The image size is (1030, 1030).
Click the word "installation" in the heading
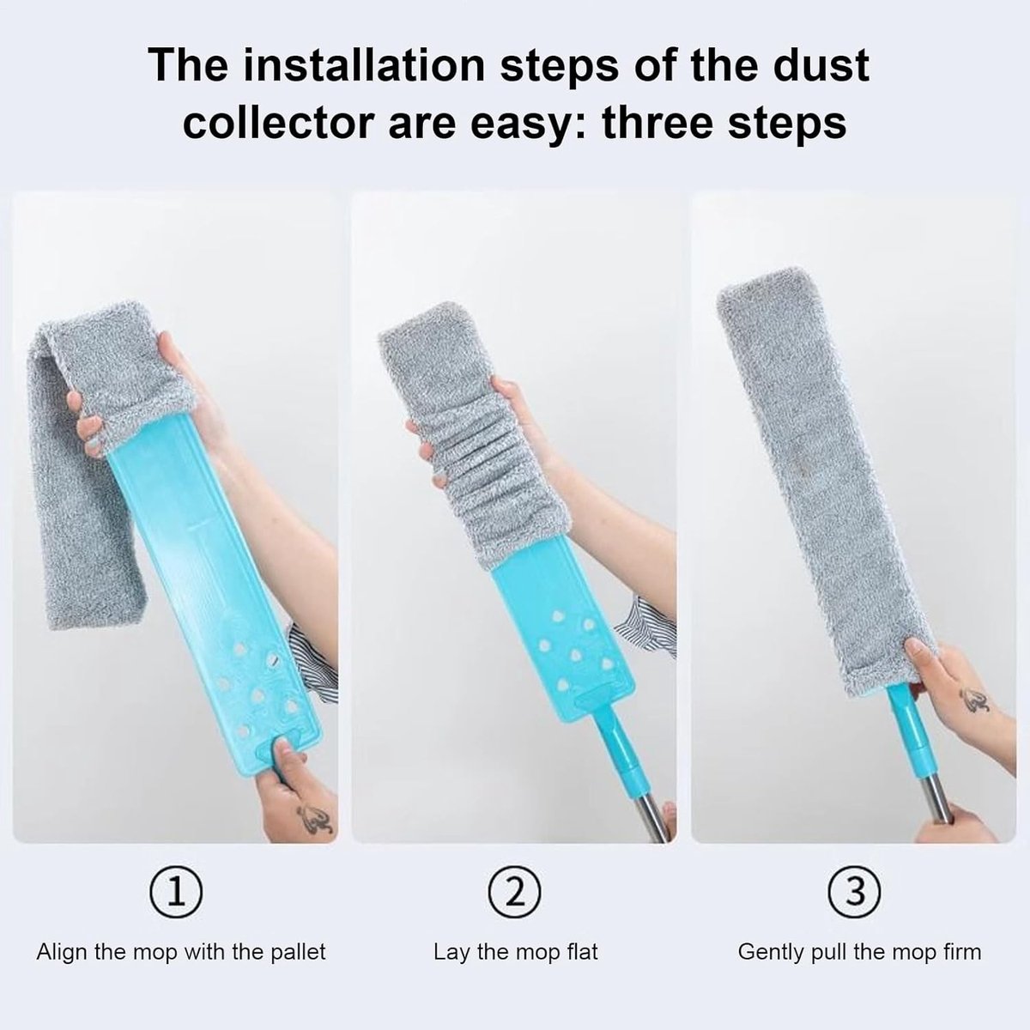[x=363, y=65]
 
